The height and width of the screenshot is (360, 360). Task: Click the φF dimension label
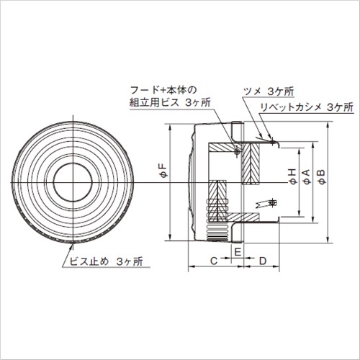(x=164, y=171)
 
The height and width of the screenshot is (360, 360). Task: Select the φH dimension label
(x=293, y=176)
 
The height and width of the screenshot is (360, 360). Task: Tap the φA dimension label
(x=307, y=176)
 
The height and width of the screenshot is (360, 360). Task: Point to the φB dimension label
(x=322, y=176)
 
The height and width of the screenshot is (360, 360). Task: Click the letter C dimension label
(x=214, y=261)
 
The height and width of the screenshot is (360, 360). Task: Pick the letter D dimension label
(x=263, y=261)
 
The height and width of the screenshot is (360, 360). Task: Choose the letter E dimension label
(x=238, y=252)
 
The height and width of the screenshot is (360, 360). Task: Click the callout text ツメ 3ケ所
(x=269, y=91)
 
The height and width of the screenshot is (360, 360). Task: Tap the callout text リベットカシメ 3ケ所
(x=307, y=107)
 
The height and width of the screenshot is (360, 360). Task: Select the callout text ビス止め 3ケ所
(x=106, y=261)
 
